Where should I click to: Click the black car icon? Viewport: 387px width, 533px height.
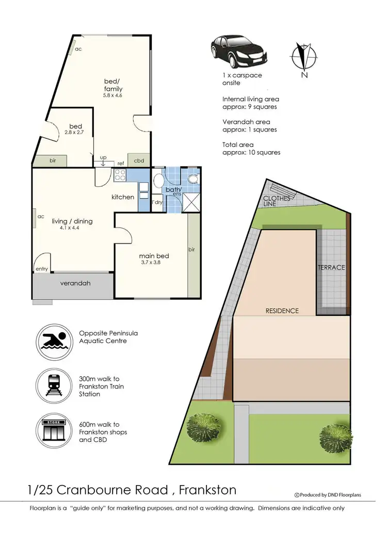(238, 50)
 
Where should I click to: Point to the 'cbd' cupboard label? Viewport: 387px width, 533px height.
(139, 161)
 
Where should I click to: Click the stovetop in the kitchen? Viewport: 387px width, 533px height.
(120, 176)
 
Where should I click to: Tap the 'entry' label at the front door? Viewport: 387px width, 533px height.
(41, 269)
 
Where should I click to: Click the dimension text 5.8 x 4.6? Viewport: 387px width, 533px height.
(112, 96)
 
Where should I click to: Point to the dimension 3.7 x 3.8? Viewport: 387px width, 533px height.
(154, 263)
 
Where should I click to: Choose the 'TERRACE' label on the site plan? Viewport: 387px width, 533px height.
(331, 267)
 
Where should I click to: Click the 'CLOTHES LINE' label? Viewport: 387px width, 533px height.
(277, 201)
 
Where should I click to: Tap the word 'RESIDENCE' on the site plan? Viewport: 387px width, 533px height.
(282, 311)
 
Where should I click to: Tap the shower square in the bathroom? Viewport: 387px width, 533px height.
(191, 202)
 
